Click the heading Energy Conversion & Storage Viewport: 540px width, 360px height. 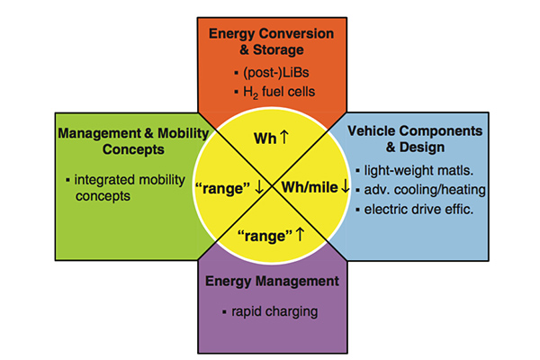[272, 41]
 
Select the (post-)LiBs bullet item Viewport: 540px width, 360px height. [272, 73]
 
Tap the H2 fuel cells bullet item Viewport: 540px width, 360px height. [274, 92]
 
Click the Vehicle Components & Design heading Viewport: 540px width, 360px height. [415, 139]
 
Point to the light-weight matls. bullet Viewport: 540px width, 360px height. [415, 170]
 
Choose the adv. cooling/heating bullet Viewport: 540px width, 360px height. [421, 190]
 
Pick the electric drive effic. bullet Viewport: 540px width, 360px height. [415, 209]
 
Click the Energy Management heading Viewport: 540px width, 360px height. [272, 282]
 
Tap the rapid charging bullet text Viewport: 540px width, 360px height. [270, 311]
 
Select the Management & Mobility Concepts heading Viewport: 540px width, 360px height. [133, 141]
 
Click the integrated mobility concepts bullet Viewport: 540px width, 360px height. [126, 188]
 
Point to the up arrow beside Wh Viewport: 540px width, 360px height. [284, 137]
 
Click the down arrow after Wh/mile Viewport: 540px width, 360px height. [345, 186]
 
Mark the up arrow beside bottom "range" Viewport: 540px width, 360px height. [301, 234]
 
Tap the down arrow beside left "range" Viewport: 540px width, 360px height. [258, 187]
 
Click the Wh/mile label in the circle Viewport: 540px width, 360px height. [310, 188]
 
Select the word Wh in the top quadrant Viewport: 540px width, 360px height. [265, 139]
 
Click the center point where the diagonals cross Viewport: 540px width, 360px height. [272, 186]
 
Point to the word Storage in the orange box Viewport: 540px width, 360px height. [278, 50]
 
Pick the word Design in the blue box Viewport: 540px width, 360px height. [422, 148]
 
